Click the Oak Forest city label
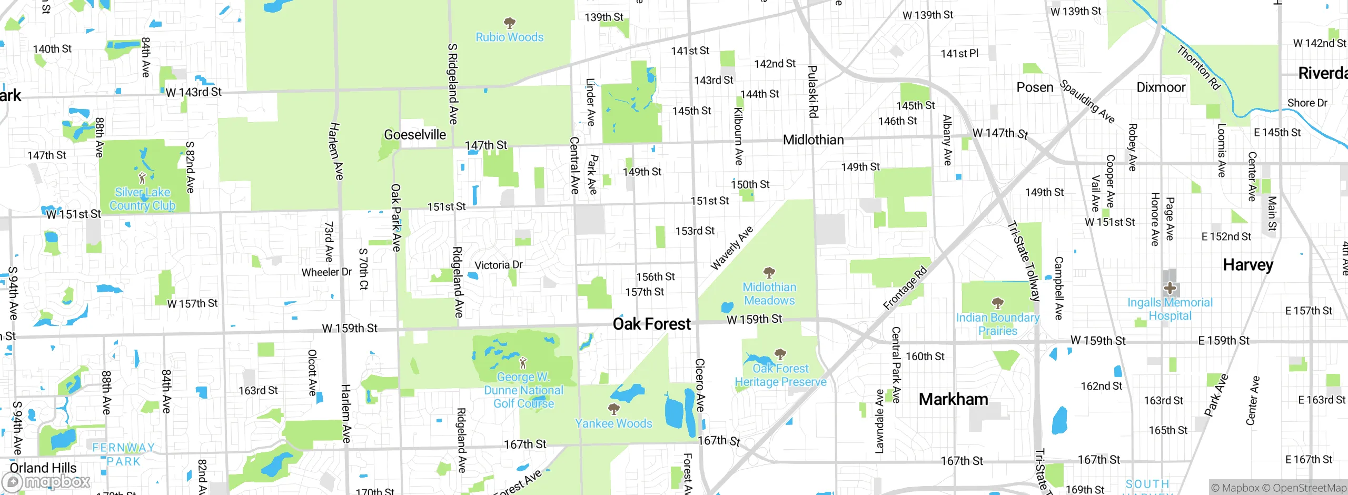pos(651,324)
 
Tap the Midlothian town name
pos(813,140)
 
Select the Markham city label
pos(953,399)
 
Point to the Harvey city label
pos(1248,264)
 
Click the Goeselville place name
pos(415,135)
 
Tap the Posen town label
pos(1035,87)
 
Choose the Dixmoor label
pos(1161,87)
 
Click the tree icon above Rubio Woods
pos(509,23)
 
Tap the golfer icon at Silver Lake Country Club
pos(142,178)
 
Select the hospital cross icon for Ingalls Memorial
pos(1170,288)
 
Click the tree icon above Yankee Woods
pos(613,409)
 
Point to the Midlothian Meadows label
pos(769,294)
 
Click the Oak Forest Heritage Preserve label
pos(780,375)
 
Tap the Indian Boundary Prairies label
pos(997,324)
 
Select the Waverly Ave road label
pos(731,248)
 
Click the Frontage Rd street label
pos(905,289)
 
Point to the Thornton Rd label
pos(1198,67)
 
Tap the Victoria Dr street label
pos(499,265)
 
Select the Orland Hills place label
pos(43,468)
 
